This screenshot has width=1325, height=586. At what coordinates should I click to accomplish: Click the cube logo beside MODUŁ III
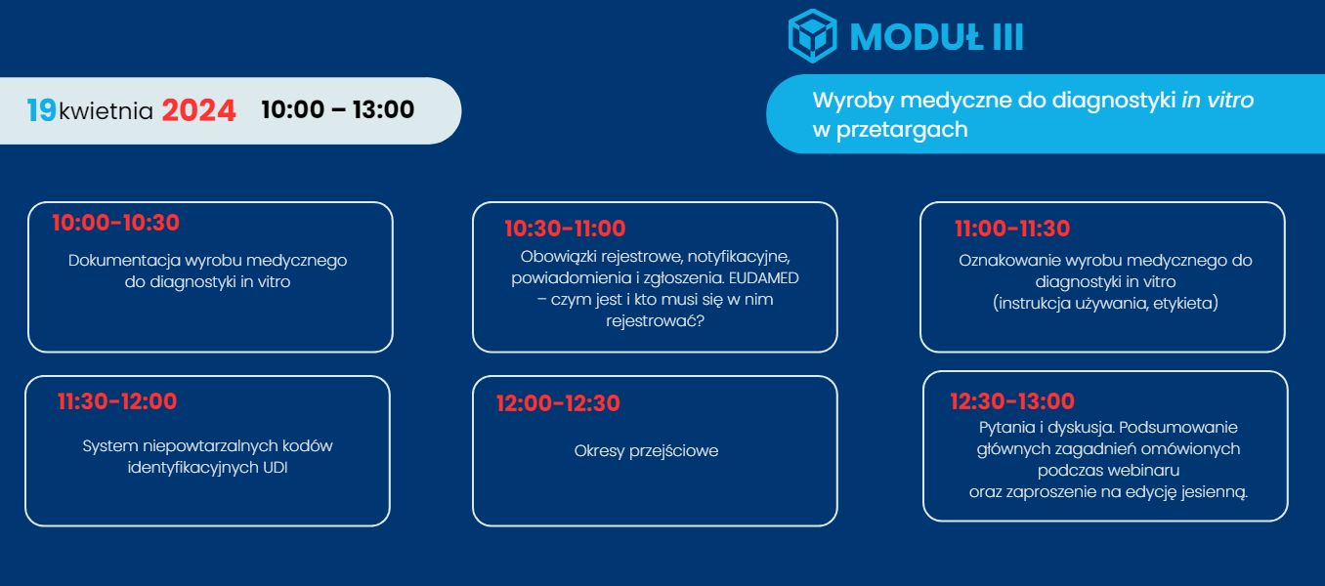[812, 36]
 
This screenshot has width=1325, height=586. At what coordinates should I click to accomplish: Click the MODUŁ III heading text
[936, 37]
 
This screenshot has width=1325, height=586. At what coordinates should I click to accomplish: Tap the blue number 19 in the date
[41, 110]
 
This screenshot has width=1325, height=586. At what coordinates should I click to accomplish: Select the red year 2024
[198, 110]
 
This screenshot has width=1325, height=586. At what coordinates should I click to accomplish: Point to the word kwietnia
[106, 111]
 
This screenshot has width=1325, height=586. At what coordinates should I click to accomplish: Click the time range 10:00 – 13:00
[338, 109]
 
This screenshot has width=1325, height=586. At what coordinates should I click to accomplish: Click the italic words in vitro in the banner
[1218, 100]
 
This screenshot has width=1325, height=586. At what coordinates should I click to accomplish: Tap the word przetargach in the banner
[902, 130]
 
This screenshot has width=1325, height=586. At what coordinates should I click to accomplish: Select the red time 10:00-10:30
[116, 223]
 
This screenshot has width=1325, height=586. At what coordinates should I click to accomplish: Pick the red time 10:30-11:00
[565, 229]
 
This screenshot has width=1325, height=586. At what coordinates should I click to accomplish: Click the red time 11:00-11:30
[1012, 229]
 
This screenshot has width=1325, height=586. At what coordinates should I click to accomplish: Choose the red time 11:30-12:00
[117, 400]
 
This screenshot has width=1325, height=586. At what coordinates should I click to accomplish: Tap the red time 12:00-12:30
[558, 403]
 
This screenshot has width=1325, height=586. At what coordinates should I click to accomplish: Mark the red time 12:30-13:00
[1012, 400]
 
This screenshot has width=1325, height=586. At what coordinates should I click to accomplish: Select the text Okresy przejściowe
[646, 451]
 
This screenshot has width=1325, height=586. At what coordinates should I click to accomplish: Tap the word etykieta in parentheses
[1185, 304]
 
